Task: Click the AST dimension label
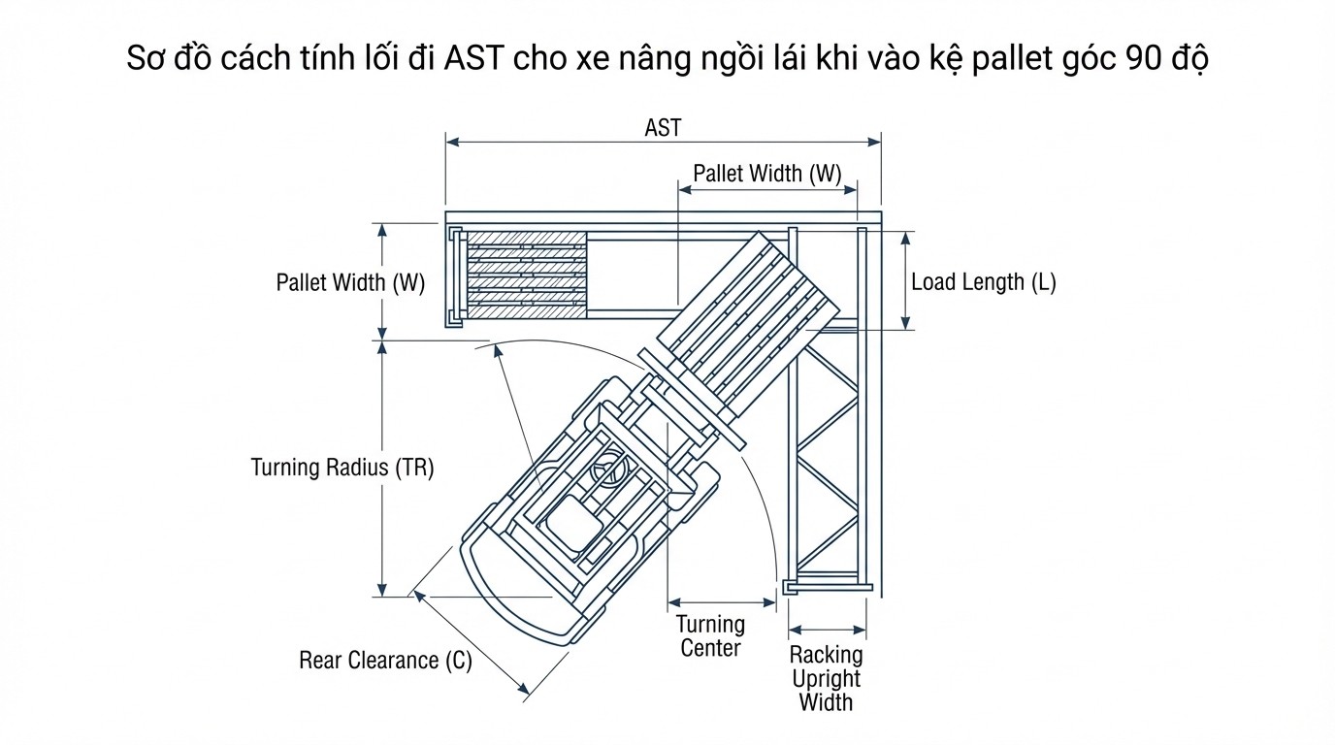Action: click(x=663, y=128)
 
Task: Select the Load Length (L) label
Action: click(x=983, y=282)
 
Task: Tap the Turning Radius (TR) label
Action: click(x=342, y=468)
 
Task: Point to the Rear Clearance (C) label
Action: click(x=385, y=661)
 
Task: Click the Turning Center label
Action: click(x=710, y=636)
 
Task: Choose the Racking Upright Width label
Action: click(x=826, y=678)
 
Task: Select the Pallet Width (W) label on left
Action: click(x=350, y=283)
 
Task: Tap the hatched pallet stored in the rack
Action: click(x=527, y=275)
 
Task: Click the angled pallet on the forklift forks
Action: click(x=747, y=315)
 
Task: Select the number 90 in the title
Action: click(x=1146, y=60)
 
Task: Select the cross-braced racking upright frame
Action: click(x=826, y=456)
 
